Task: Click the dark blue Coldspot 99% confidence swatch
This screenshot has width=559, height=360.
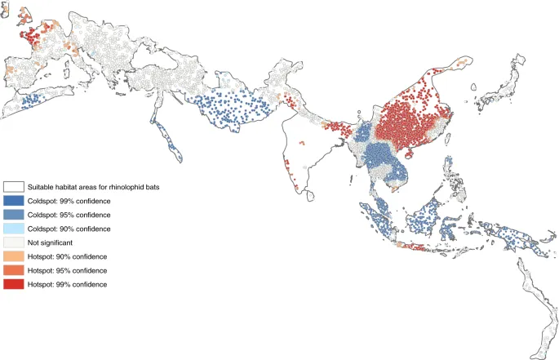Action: click(13, 201)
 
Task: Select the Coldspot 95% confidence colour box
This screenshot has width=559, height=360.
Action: click(13, 215)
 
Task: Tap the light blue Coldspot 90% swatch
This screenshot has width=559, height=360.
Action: click(13, 229)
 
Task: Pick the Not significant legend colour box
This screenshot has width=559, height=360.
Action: click(13, 242)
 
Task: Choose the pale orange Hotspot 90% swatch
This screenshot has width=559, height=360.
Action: click(13, 256)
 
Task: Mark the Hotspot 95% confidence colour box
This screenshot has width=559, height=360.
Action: click(13, 270)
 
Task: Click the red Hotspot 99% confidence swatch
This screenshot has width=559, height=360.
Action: click(13, 284)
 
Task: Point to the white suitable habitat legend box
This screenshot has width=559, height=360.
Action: click(13, 187)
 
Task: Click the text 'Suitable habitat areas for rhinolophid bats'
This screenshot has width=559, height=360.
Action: click(94, 187)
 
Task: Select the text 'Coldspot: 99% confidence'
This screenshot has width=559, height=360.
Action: click(69, 201)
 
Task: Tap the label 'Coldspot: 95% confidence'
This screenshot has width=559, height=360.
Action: click(69, 215)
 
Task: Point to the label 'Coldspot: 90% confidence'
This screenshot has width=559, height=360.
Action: click(69, 229)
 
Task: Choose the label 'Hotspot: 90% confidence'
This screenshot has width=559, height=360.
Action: click(68, 256)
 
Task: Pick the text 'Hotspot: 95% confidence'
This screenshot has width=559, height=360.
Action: click(68, 270)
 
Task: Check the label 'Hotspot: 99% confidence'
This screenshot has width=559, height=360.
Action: click(68, 284)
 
